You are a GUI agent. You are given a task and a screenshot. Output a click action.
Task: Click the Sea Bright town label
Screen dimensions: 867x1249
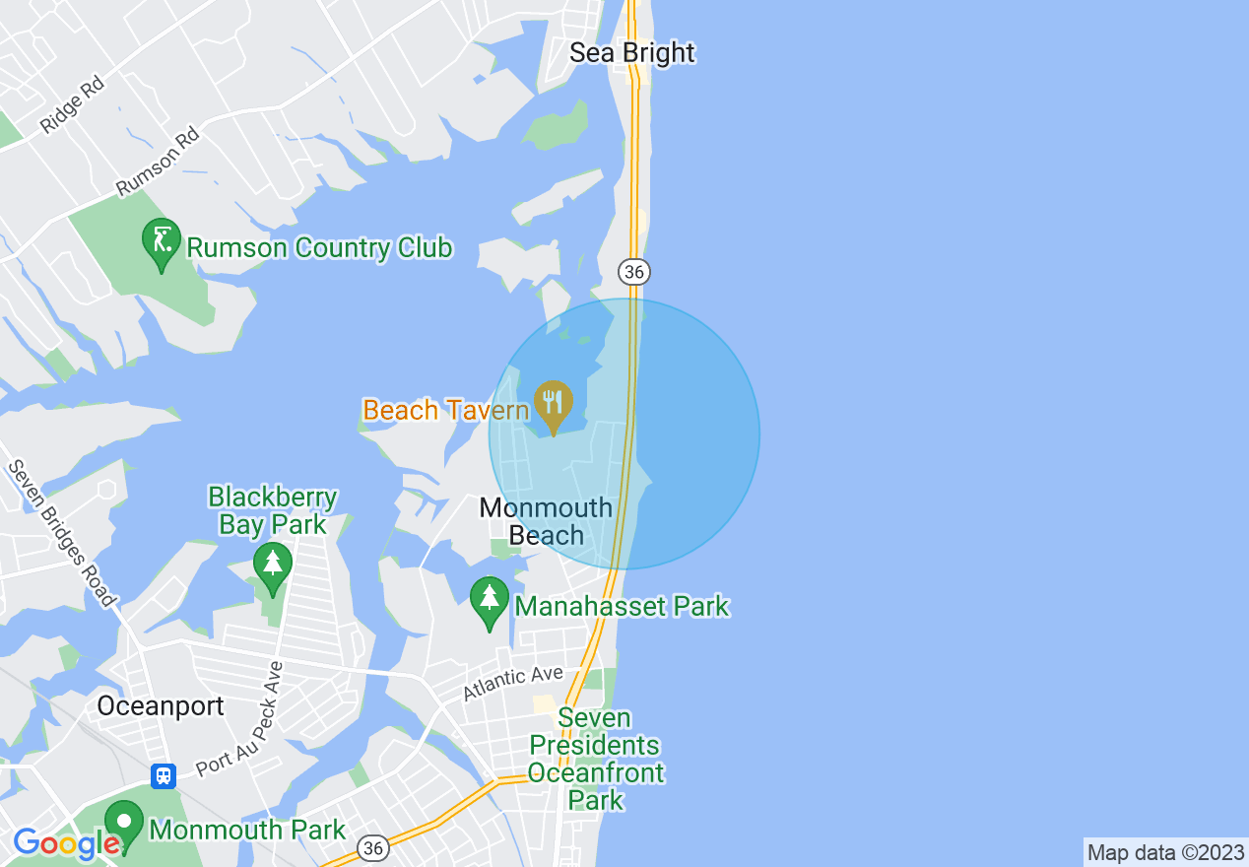tap(632, 52)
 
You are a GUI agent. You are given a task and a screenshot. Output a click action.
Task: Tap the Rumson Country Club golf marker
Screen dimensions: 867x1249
tap(162, 242)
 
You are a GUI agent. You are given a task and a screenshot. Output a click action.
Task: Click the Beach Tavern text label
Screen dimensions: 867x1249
tap(446, 410)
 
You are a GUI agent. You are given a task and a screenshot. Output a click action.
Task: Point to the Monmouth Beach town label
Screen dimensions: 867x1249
tap(546, 522)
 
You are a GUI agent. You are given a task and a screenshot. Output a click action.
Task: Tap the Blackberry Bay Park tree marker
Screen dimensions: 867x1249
tap(273, 567)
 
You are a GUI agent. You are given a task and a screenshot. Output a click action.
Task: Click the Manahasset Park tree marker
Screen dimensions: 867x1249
tap(489, 601)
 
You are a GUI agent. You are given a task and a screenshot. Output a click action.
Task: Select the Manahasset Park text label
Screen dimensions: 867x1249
tap(622, 606)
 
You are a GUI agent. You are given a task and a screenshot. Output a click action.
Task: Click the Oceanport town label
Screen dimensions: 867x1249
tap(161, 706)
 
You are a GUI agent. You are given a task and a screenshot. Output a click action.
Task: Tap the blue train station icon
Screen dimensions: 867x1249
tap(164, 775)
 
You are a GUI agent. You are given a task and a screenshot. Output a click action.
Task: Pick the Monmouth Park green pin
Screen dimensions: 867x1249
tap(124, 824)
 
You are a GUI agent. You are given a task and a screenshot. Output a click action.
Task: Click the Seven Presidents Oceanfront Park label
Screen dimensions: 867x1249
tap(595, 759)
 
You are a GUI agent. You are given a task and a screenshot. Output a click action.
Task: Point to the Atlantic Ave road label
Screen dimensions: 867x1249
tap(513, 682)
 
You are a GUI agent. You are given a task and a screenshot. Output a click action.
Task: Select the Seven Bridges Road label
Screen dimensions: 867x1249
tap(61, 533)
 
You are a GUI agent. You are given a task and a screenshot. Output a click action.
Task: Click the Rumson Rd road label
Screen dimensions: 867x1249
tap(158, 161)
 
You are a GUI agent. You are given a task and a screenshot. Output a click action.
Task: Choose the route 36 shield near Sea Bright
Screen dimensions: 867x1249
tap(635, 270)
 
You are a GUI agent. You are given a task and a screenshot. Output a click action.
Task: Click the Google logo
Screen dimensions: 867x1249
tap(66, 843)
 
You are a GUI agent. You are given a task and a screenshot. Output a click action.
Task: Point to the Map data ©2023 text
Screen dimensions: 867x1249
tap(1165, 852)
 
